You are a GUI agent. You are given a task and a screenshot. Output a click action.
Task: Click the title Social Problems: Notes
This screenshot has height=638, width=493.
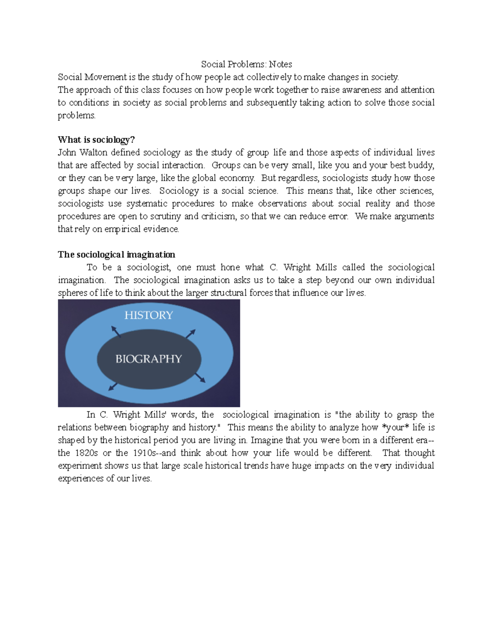[x=246, y=64]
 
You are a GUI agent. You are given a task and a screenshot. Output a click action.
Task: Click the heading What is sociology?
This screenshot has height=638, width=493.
[x=96, y=140]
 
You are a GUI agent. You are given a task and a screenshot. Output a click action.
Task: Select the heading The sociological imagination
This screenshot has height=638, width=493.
[x=116, y=254]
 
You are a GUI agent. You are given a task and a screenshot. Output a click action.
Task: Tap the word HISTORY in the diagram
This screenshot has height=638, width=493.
[x=149, y=315]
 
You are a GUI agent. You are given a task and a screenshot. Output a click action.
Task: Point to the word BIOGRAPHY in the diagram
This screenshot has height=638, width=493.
[x=149, y=359]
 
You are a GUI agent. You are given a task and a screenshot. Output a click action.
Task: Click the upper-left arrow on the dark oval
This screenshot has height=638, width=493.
[x=116, y=332]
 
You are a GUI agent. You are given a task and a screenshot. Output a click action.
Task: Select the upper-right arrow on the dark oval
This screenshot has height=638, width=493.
[x=190, y=334]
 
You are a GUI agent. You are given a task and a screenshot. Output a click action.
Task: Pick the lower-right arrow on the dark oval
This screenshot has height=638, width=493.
[x=200, y=378]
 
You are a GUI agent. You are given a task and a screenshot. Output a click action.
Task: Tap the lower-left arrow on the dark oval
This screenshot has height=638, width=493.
[x=113, y=387]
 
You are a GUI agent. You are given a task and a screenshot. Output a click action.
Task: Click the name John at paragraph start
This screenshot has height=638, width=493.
[x=67, y=152]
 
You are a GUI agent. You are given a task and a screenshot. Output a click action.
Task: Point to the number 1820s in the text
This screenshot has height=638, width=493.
[x=86, y=453]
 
